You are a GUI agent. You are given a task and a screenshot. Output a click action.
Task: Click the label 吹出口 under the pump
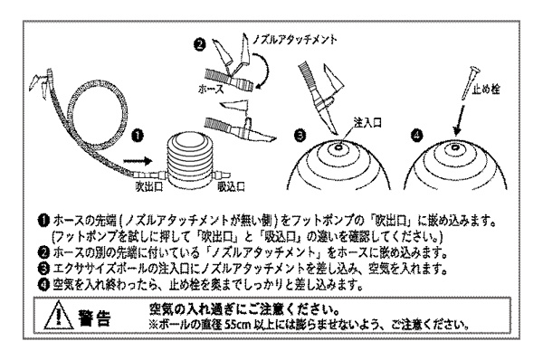point(149,187)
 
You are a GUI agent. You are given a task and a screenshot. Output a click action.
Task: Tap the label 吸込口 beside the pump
point(232,187)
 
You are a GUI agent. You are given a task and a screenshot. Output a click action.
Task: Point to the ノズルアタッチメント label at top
point(295,39)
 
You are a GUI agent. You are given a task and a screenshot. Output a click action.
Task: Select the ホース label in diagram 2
point(211,90)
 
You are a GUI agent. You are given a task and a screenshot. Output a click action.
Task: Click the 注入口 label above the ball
point(367,122)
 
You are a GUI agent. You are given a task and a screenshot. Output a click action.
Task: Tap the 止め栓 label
point(487,90)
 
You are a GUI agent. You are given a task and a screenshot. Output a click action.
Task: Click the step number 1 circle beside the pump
point(138,136)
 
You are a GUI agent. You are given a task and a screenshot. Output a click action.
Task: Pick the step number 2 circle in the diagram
point(200,45)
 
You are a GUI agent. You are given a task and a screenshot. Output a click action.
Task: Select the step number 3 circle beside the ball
point(300,135)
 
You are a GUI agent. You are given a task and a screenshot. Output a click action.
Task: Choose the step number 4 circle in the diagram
point(417,135)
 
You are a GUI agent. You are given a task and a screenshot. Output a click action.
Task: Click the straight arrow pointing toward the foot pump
point(138,161)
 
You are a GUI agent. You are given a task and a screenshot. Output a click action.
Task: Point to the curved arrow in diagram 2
point(263,69)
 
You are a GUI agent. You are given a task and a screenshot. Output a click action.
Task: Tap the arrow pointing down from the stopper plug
point(460,120)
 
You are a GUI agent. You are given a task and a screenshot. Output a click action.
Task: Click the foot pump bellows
point(190,161)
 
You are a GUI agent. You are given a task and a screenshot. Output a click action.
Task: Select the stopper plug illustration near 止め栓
point(469,82)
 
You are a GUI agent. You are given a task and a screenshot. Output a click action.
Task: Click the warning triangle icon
point(59,315)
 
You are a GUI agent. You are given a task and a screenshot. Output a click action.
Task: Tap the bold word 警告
point(95,317)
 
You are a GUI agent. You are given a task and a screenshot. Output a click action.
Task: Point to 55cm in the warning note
point(237,326)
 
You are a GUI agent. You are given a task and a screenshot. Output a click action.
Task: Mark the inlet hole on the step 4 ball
point(454,148)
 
